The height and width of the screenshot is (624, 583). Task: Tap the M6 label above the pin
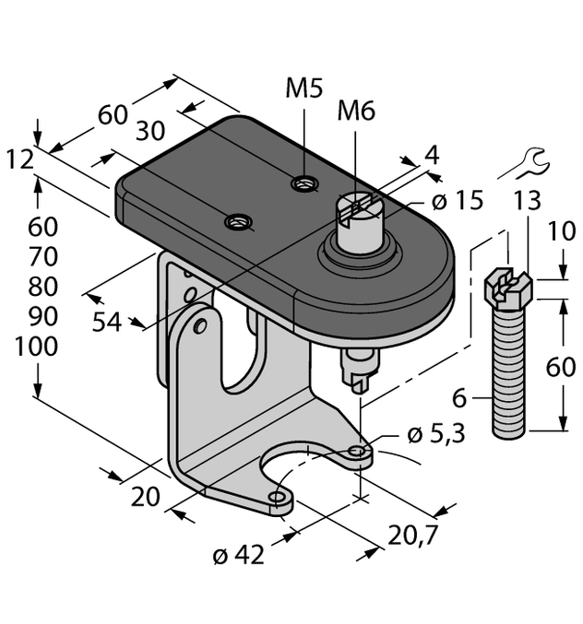point(356,112)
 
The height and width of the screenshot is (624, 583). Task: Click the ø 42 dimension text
point(238,555)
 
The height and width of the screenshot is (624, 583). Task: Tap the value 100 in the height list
point(37,347)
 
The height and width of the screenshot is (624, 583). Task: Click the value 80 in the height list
point(37,287)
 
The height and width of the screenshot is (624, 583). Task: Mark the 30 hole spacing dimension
point(157,132)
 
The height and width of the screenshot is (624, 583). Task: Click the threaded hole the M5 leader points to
point(302,185)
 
